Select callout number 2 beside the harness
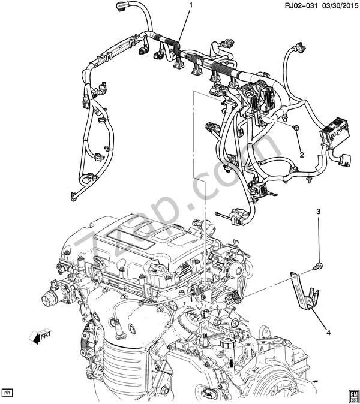point(302,155)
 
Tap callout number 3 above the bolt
point(319,212)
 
